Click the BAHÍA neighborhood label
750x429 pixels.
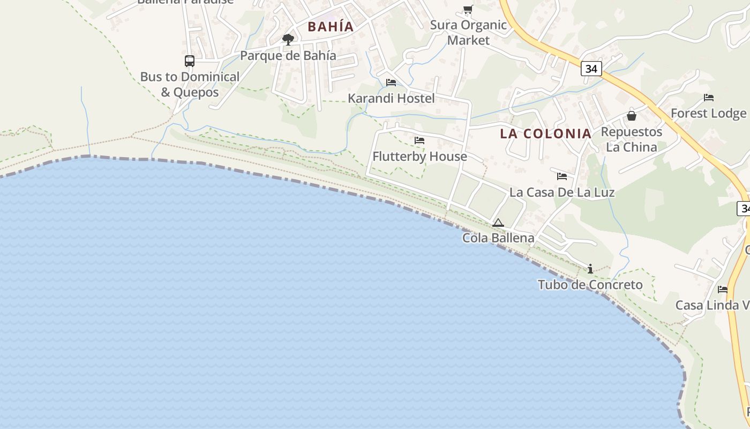tap(331, 26)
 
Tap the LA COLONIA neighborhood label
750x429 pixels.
tap(545, 134)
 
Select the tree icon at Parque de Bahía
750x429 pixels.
tap(288, 39)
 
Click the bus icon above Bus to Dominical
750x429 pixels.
tap(189, 61)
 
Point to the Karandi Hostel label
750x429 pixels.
tap(391, 99)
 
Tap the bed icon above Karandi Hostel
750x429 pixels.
tap(391, 83)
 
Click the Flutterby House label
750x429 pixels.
tap(419, 157)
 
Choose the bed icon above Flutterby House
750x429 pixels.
tap(419, 140)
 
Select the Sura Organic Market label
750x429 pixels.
tap(468, 32)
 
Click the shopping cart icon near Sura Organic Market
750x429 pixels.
tap(468, 9)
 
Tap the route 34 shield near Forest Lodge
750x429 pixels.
tap(591, 69)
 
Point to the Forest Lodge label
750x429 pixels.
tap(708, 114)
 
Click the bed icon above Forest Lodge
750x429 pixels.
tap(709, 98)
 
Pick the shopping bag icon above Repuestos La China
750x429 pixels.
tap(632, 115)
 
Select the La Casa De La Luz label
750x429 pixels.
tap(561, 192)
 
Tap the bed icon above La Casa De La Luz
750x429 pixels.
tap(561, 176)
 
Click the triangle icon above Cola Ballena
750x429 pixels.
tap(498, 223)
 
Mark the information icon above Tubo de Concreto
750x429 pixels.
tap(590, 269)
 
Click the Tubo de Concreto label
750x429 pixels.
tap(590, 285)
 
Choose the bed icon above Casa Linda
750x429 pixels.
tap(723, 290)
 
